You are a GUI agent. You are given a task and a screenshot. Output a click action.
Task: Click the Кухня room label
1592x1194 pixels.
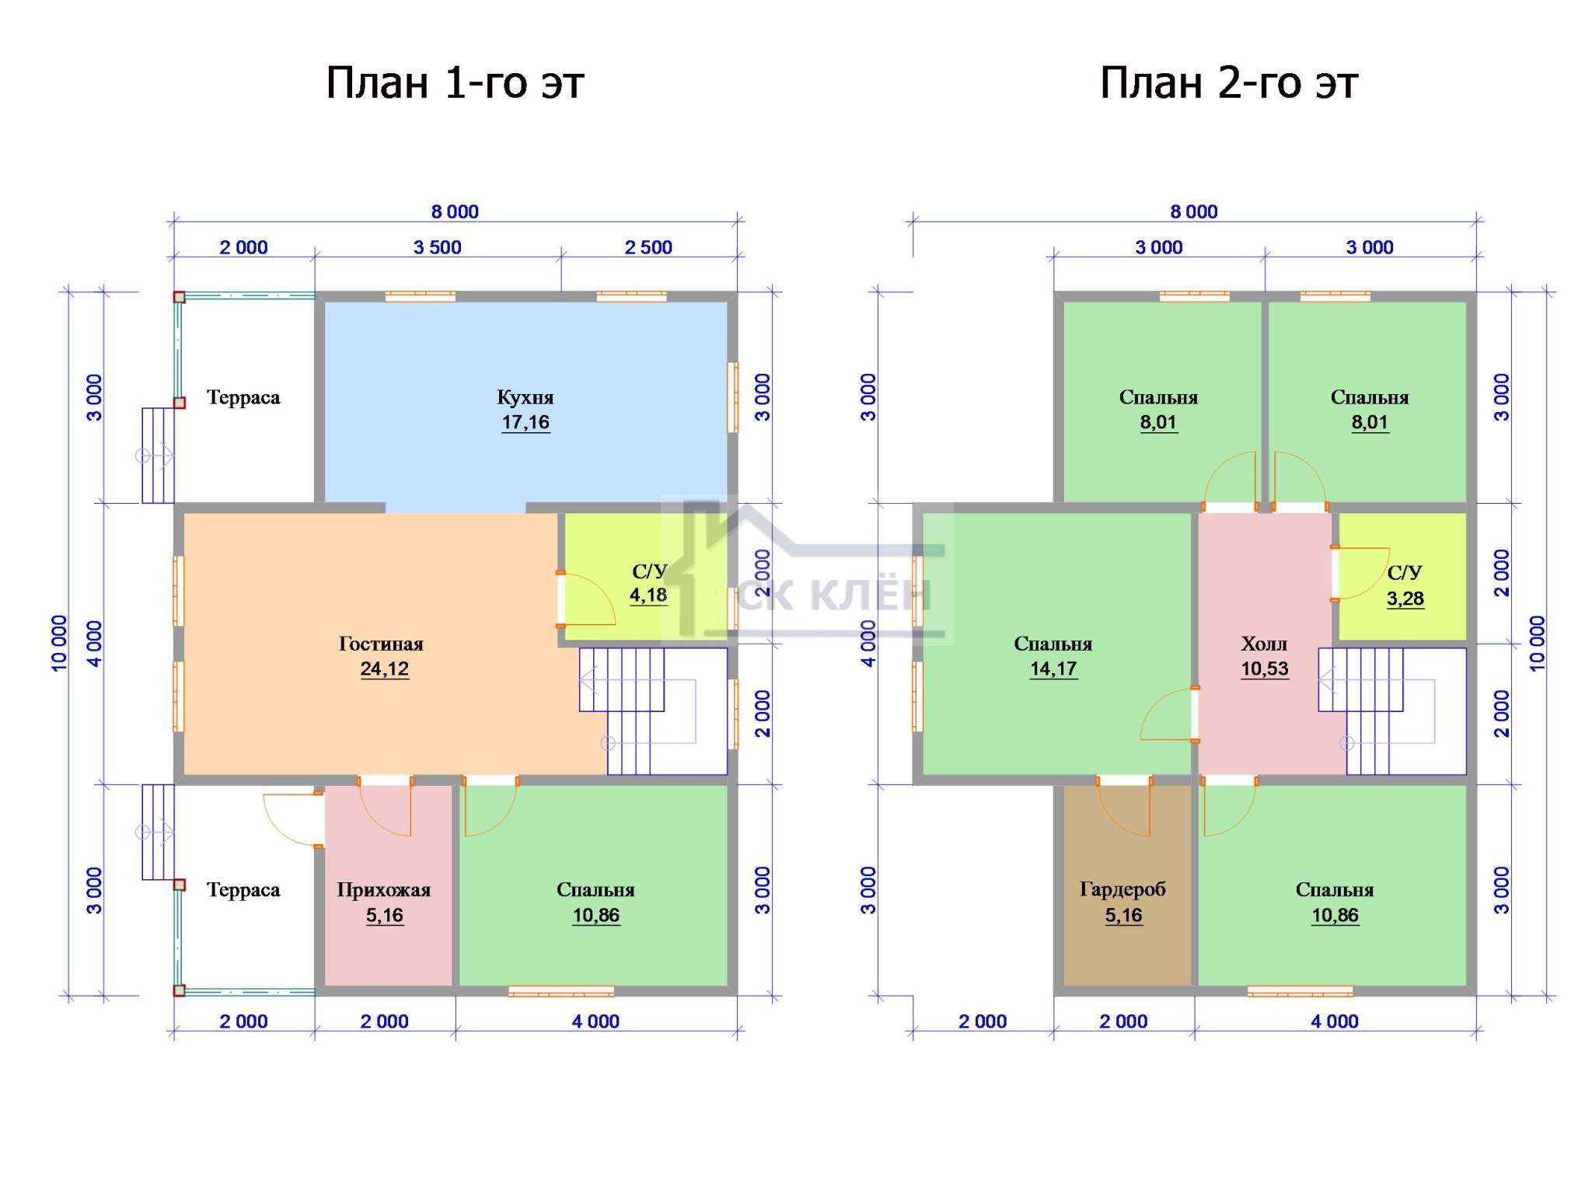click(525, 397)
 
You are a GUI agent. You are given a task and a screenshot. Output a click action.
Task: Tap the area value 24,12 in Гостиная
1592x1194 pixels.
click(385, 669)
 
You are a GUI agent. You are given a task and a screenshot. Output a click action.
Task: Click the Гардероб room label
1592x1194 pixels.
click(1122, 890)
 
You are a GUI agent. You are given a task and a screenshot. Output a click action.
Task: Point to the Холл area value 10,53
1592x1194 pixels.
click(1265, 669)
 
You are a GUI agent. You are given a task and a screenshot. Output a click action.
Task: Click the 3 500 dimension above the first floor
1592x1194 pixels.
click(438, 247)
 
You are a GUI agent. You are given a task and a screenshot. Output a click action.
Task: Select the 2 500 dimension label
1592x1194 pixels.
click(648, 247)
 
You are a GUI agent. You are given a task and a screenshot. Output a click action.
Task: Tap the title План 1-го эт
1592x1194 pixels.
click(455, 82)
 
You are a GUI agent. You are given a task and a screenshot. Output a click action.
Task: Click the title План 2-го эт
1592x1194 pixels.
click(1229, 82)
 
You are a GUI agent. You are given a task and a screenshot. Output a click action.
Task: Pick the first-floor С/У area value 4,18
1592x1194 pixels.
click(648, 595)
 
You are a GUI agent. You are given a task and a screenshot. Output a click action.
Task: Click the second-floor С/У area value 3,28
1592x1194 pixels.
click(1405, 599)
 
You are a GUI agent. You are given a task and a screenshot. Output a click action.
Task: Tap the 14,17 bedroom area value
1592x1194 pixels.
click(1053, 669)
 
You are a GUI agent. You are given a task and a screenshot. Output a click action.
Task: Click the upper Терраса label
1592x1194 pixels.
click(243, 397)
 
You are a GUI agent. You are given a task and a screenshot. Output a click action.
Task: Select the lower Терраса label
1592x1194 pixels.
click(243, 890)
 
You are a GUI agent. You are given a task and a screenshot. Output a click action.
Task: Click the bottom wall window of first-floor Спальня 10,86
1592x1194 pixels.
click(561, 991)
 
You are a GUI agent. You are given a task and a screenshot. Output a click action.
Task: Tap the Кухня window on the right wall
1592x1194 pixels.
click(732, 397)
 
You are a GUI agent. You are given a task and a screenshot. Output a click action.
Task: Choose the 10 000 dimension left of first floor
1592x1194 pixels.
click(60, 643)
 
